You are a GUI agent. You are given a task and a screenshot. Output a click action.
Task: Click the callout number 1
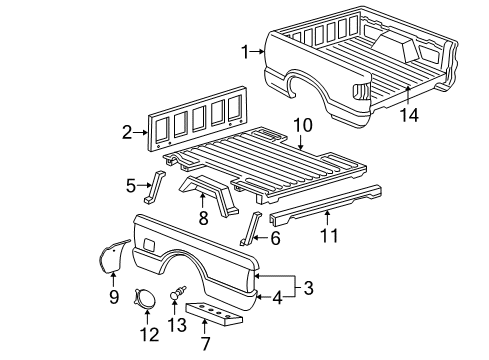(243, 51)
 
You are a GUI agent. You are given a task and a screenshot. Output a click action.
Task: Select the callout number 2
(127, 131)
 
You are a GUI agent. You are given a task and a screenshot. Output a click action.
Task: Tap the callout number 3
(309, 289)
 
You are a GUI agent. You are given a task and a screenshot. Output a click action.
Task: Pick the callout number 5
(131, 184)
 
